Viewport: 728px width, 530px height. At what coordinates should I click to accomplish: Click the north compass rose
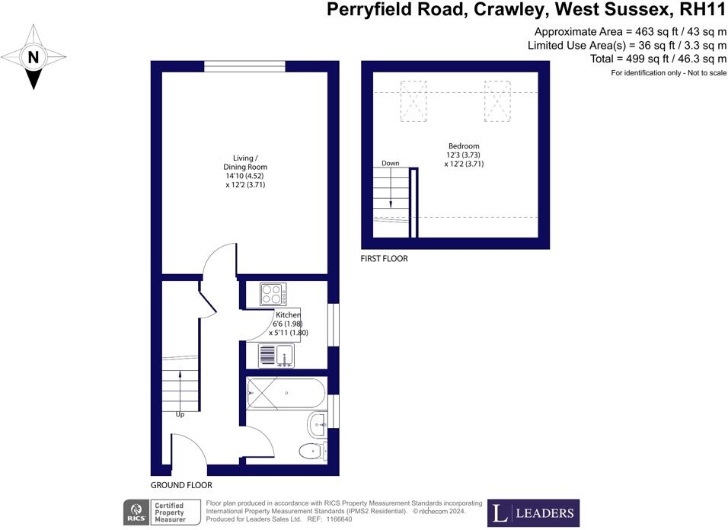point(34,57)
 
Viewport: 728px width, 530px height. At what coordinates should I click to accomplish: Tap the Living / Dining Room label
point(244,171)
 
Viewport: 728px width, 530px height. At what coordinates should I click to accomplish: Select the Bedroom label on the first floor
point(464,155)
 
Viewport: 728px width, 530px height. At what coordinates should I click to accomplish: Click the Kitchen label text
point(288,314)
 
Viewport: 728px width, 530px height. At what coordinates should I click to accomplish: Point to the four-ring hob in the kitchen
point(272,294)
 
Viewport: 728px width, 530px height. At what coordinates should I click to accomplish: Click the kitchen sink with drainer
point(276,355)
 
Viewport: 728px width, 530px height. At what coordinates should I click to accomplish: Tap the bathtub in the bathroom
point(286,394)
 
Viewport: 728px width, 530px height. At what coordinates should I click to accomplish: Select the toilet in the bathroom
point(312,451)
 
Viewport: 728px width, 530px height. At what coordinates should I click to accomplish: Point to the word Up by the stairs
point(180,415)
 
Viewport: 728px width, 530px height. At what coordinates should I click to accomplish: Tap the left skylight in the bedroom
point(414,101)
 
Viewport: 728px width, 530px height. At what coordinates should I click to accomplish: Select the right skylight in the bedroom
point(497,101)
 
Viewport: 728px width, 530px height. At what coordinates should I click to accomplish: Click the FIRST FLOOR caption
point(384,259)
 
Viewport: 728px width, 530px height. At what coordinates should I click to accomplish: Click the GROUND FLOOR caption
point(181,485)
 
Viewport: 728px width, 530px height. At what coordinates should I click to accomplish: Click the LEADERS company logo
point(533,512)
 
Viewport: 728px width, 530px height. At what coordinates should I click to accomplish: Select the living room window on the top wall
point(244,68)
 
